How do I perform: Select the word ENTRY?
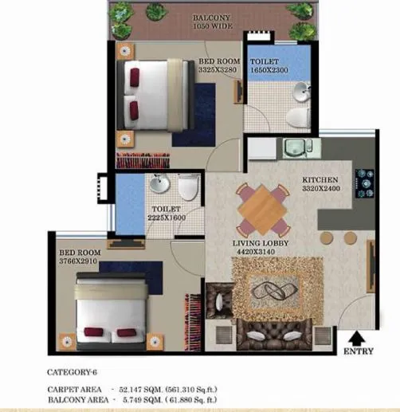tap(357, 351)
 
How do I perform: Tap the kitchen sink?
tap(296, 149)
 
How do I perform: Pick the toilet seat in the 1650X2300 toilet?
tap(296, 116)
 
